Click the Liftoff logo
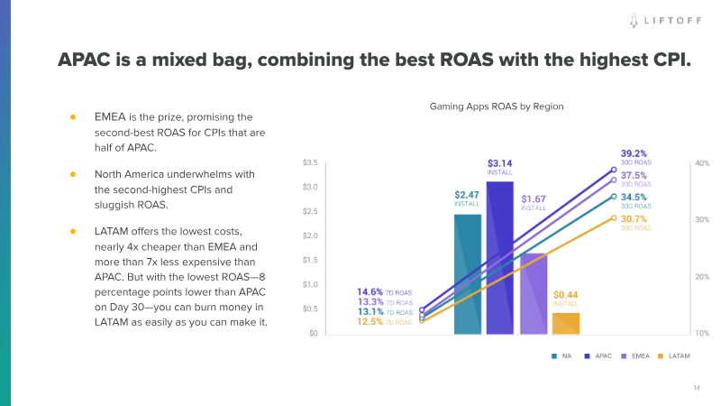(667, 18)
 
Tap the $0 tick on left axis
(312, 334)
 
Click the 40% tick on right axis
(702, 163)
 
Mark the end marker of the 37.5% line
(614, 180)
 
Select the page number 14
(697, 388)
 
